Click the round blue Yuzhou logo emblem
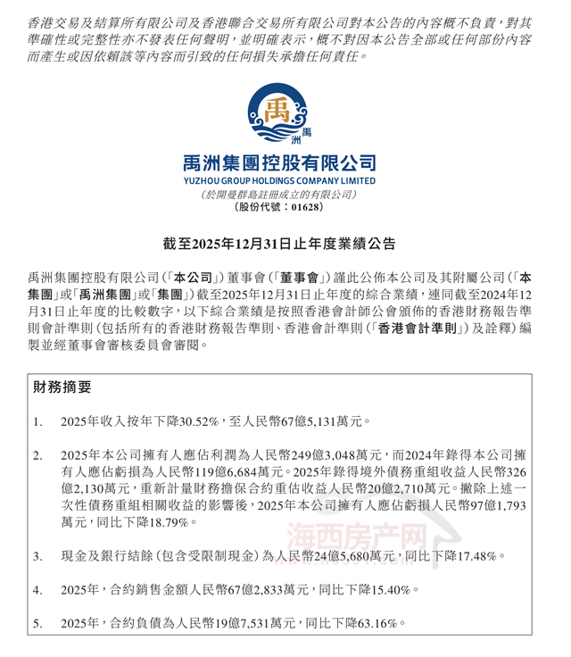coord(285,112)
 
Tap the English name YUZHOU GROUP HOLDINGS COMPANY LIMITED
coord(285,181)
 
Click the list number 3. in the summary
coord(37,556)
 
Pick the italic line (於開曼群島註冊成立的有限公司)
coord(285,194)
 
